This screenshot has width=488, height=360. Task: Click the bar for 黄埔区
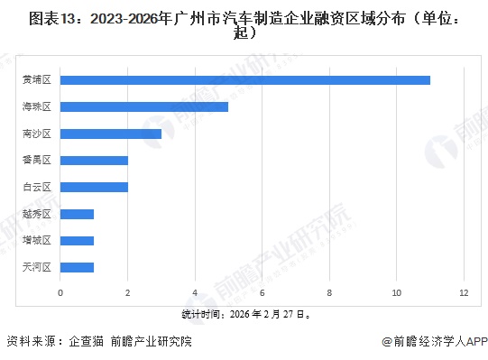(x=245, y=80)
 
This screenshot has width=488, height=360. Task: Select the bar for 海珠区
(x=144, y=106)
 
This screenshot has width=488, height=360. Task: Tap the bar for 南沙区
(x=111, y=134)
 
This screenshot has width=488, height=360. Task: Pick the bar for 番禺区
(x=94, y=160)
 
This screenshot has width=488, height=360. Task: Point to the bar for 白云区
(x=94, y=187)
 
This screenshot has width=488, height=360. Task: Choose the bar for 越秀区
(x=77, y=214)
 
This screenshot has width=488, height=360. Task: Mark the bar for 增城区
(x=77, y=240)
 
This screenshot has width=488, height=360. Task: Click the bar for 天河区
(x=77, y=267)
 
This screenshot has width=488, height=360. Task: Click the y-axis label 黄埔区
(x=37, y=80)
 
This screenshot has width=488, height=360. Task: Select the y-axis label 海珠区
(x=37, y=106)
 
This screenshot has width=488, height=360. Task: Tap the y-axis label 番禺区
(x=37, y=160)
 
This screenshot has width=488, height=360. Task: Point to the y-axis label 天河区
(x=37, y=267)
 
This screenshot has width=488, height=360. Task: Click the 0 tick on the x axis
(x=60, y=293)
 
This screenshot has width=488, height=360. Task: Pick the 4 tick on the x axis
(x=195, y=293)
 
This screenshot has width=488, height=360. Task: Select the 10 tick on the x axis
(x=397, y=293)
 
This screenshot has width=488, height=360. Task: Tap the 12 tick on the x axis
(x=464, y=293)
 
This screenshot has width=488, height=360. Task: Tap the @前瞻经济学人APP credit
(x=434, y=343)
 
